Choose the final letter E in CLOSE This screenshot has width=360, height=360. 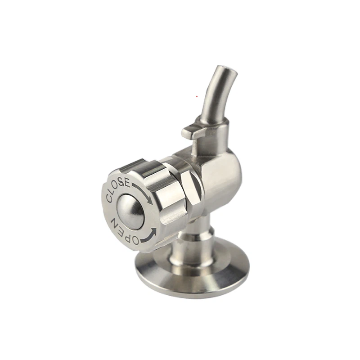(x=128, y=183)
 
